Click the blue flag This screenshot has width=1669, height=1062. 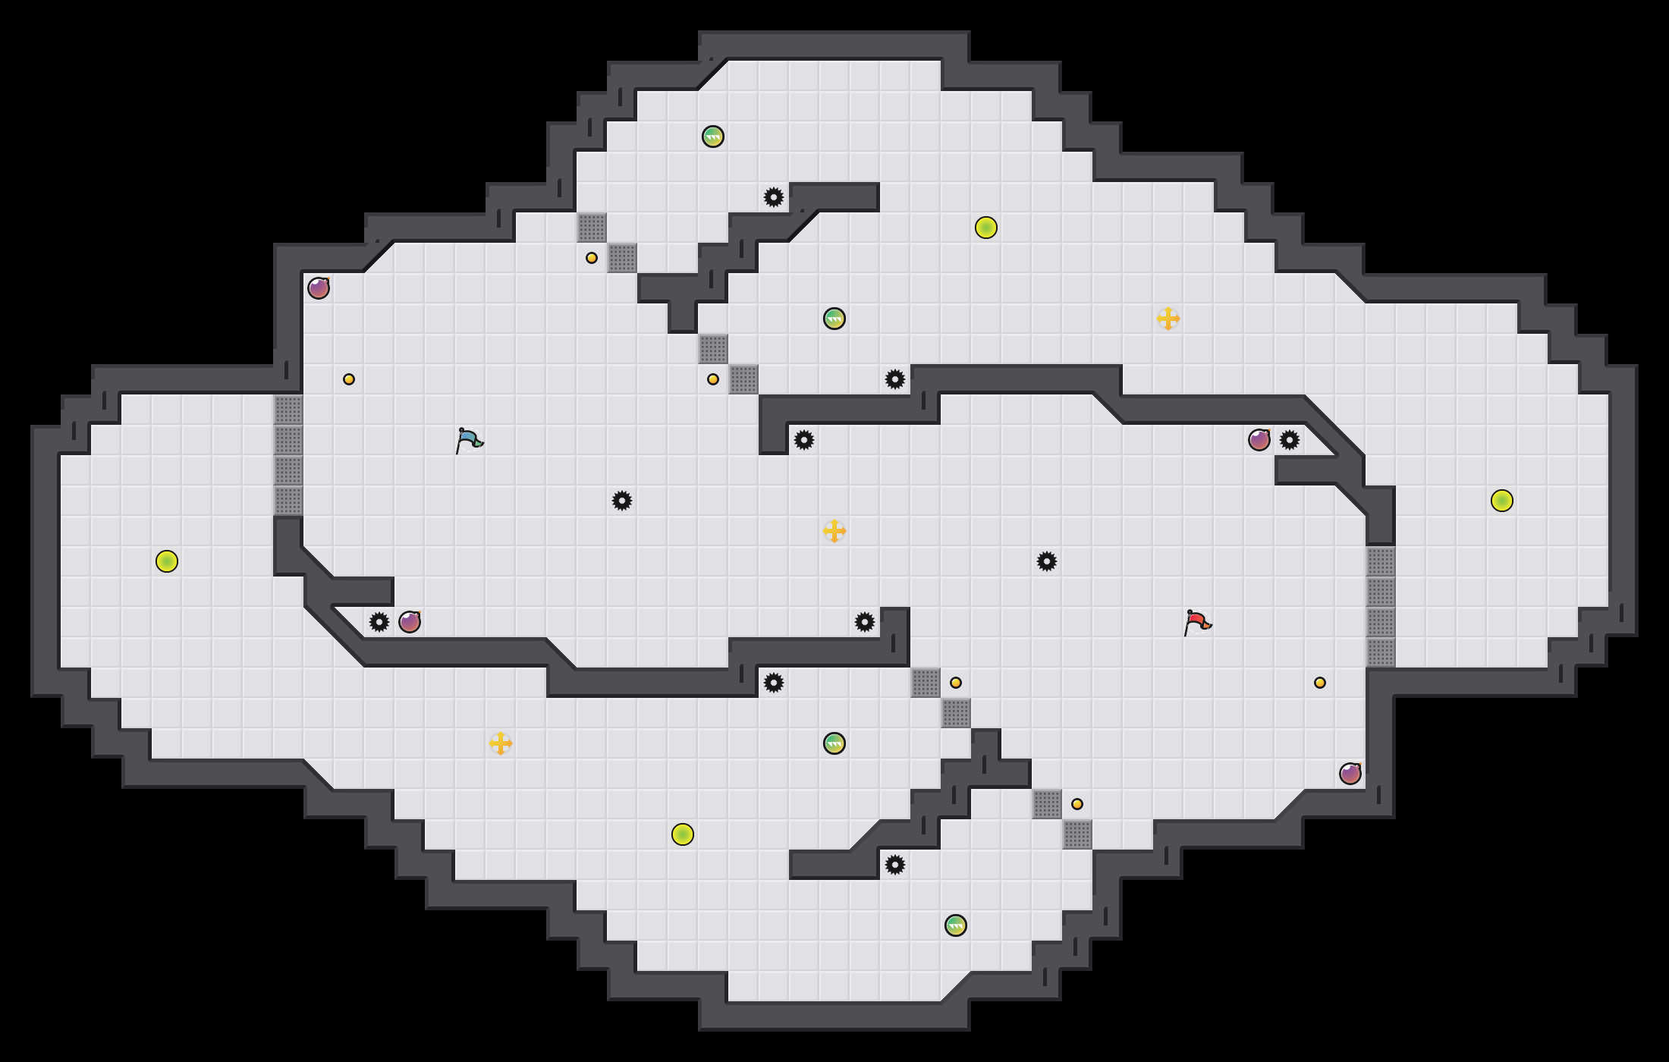click(x=469, y=440)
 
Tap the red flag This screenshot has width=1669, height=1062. click(x=1197, y=622)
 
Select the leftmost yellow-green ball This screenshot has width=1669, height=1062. click(x=167, y=561)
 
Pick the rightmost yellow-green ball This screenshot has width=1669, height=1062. click(x=1502, y=501)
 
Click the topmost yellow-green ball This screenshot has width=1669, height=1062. click(x=986, y=228)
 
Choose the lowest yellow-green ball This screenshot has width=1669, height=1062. click(x=683, y=834)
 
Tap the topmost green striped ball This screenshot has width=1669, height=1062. click(x=713, y=137)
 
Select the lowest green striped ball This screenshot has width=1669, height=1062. click(x=956, y=925)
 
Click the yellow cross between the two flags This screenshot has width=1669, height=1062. click(x=834, y=531)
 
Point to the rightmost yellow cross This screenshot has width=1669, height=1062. click(x=1168, y=319)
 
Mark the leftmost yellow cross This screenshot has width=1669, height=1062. click(x=501, y=743)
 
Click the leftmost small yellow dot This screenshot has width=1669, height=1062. click(x=349, y=379)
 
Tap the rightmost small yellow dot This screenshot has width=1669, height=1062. click(x=1320, y=683)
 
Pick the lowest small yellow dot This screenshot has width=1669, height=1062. click(x=1077, y=804)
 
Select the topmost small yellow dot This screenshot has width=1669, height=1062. click(x=592, y=258)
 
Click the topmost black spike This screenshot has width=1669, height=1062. click(x=774, y=197)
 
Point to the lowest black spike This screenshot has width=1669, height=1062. click(x=895, y=865)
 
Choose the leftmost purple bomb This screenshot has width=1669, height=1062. click(x=319, y=288)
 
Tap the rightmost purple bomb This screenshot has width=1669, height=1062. click(x=1350, y=774)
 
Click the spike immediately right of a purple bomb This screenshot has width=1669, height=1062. click(x=1290, y=440)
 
